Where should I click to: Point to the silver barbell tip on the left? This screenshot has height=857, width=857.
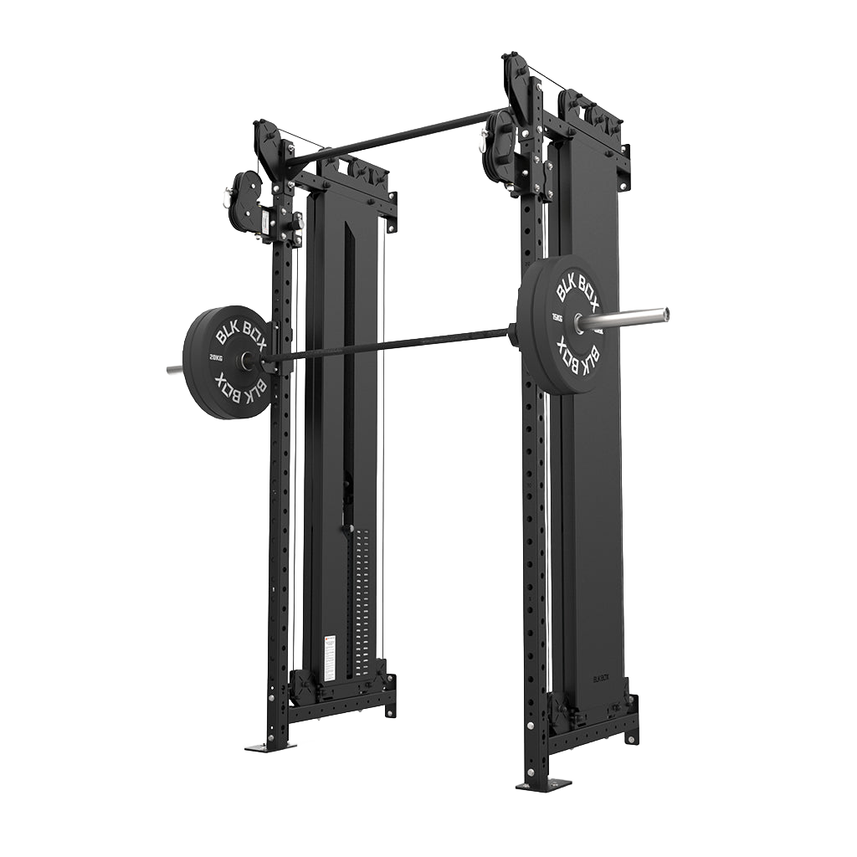173,369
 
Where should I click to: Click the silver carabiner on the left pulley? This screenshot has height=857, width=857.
226,198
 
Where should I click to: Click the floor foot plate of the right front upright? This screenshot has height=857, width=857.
543,785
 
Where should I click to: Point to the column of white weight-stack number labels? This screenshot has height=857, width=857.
362,603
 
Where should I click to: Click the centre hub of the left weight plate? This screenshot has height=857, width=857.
248,361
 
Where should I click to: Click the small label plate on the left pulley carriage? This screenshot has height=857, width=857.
265,222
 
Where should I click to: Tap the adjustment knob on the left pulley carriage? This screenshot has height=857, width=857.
297,221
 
